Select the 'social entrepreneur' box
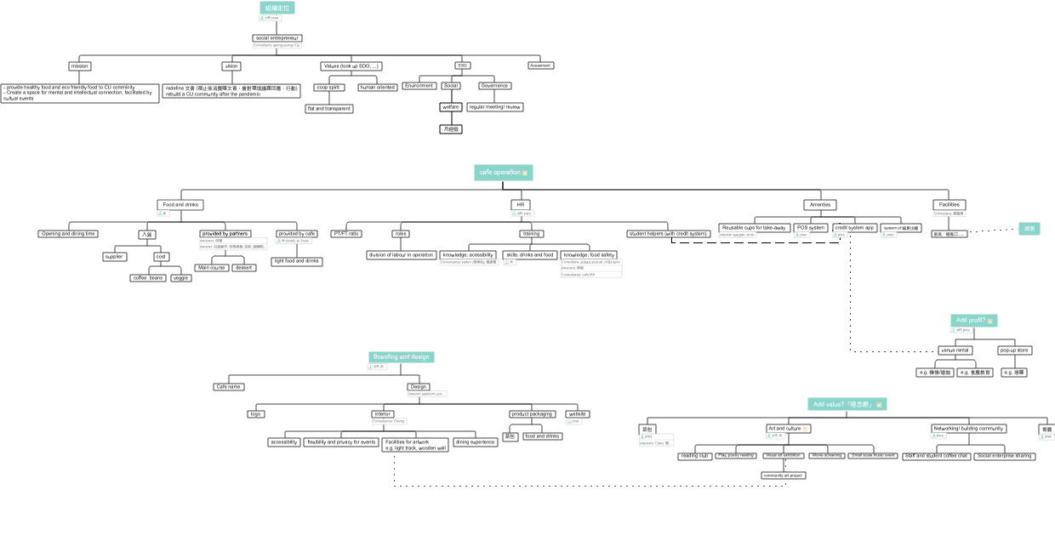[x=277, y=38]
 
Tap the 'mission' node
[x=79, y=66]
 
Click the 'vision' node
[x=231, y=66]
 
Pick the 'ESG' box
[x=463, y=65]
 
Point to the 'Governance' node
[x=494, y=86]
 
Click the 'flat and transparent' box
[x=329, y=109]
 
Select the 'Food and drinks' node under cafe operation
[x=180, y=205]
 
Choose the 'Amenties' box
[x=820, y=205]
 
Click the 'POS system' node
[x=811, y=228]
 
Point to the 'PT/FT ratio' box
[x=346, y=234]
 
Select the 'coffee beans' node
[x=148, y=278]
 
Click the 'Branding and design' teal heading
[x=401, y=357]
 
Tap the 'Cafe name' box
[x=228, y=387]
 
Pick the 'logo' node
[x=255, y=414]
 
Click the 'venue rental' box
[x=955, y=350]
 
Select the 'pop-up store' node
[x=1014, y=350]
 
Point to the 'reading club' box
[x=694, y=457]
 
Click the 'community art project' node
[x=784, y=475]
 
